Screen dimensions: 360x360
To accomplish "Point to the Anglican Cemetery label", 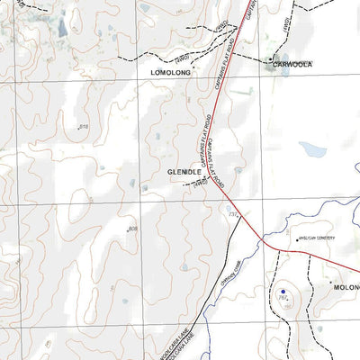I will tap(316, 238).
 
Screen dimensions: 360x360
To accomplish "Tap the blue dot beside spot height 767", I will tap(282, 292).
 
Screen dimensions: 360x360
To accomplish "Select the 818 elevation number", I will tap(84, 128).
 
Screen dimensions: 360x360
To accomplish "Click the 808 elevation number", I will tap(132, 229).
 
